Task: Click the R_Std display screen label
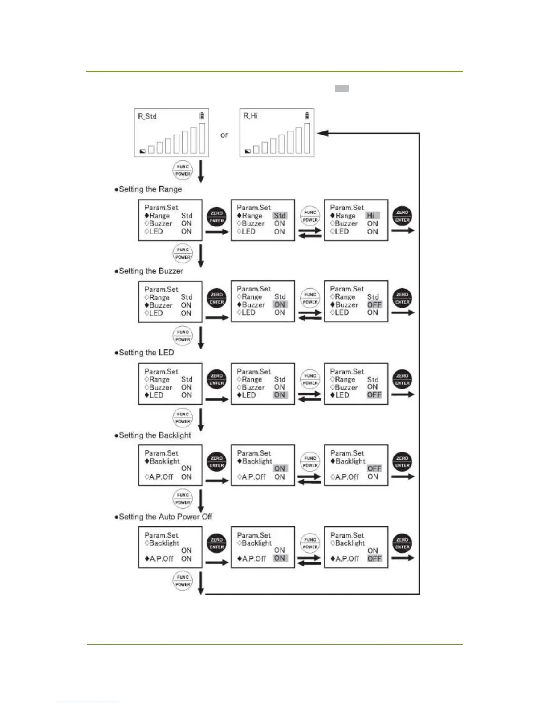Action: click(x=147, y=116)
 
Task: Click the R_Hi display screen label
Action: click(x=250, y=116)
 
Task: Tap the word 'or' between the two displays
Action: click(x=224, y=135)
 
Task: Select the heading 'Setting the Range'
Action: click(x=150, y=189)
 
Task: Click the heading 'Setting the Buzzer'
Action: click(x=150, y=271)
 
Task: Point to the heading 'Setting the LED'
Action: click(x=146, y=353)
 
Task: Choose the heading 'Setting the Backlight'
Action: click(x=155, y=435)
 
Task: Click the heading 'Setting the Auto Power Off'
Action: click(x=165, y=517)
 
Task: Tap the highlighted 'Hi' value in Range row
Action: click(x=371, y=216)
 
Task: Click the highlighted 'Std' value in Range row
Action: click(x=280, y=216)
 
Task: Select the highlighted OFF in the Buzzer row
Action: click(x=374, y=305)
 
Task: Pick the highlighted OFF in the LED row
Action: click(x=374, y=395)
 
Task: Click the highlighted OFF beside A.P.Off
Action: click(x=374, y=558)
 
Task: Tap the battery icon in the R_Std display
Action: click(x=202, y=116)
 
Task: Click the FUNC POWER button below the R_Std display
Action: click(x=183, y=170)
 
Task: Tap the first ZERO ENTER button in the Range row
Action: click(x=217, y=217)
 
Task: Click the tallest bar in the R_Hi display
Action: click(x=307, y=138)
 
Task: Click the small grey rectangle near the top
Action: click(x=342, y=89)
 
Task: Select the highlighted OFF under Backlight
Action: click(x=374, y=468)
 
